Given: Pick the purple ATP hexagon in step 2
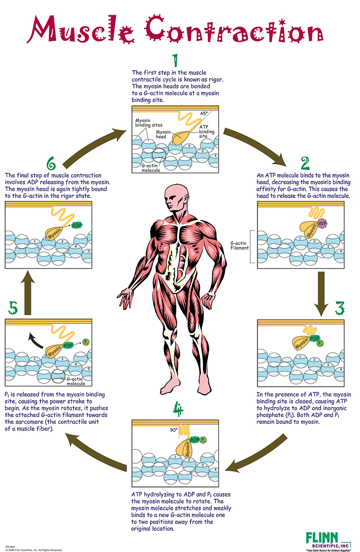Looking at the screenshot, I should pos(323,223).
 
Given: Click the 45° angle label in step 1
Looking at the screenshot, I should pos(204,114).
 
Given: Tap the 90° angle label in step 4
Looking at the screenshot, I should pos(174,430).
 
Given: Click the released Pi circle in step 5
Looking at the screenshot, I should pos(85,342).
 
